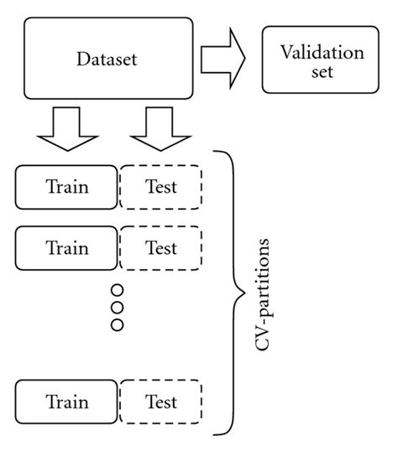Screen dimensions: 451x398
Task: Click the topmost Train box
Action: point(66,186)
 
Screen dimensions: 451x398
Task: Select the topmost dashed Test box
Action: point(160,186)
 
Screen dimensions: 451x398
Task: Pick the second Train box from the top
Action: point(66,248)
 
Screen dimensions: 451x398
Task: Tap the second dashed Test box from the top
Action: point(160,248)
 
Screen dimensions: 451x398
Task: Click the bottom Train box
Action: point(66,402)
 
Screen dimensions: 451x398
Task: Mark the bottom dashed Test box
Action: point(160,402)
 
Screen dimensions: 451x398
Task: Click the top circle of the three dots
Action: point(117,290)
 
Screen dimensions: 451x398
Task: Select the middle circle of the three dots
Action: point(117,307)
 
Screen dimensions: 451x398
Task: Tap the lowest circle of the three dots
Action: point(117,324)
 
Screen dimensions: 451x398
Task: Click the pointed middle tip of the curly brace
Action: point(244,293)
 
